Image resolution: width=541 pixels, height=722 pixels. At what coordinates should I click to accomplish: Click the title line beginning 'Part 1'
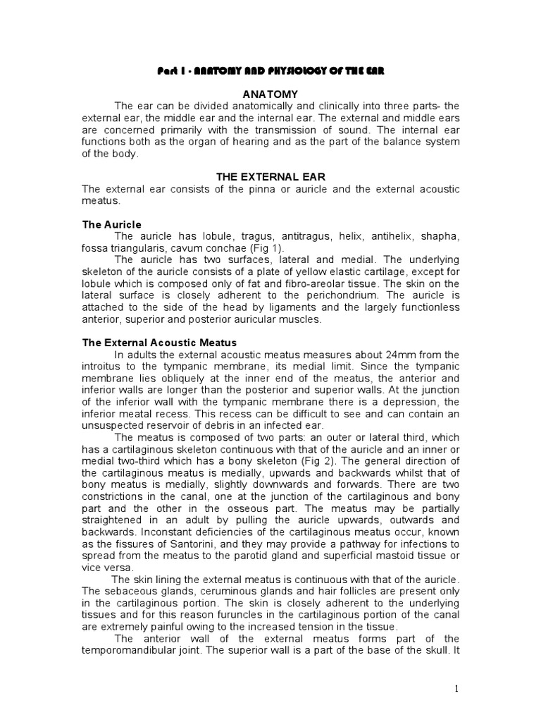click(270, 72)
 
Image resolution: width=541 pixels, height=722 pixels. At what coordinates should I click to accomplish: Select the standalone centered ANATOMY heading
click(270, 94)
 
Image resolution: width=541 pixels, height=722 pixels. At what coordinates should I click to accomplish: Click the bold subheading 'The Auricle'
click(112, 224)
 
